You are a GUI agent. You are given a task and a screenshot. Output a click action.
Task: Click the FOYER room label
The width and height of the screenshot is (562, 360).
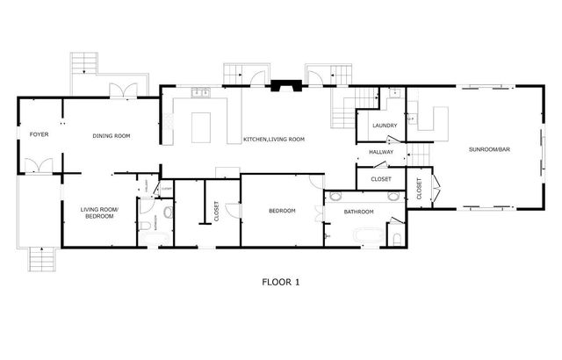39,135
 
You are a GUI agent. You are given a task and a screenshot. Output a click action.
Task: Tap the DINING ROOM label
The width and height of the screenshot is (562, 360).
112,135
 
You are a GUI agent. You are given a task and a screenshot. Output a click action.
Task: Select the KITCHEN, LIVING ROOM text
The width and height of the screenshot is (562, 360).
273,140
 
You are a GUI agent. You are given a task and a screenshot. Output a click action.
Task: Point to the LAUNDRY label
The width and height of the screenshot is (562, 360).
385,126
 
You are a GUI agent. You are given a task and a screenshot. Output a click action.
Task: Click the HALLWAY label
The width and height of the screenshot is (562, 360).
381,153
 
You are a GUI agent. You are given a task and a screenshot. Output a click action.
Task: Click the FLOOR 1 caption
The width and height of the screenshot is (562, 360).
281,282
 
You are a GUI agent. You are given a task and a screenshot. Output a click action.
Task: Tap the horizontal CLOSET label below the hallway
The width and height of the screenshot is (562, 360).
381,179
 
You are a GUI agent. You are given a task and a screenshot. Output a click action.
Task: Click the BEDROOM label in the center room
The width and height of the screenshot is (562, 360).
282,211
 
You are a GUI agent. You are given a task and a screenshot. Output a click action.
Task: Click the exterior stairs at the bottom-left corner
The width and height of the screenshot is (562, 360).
41,258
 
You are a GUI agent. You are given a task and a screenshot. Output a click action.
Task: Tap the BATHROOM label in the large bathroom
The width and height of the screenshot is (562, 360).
359,212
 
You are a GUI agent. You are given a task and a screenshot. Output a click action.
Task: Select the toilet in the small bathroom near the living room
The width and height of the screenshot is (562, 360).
144,227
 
